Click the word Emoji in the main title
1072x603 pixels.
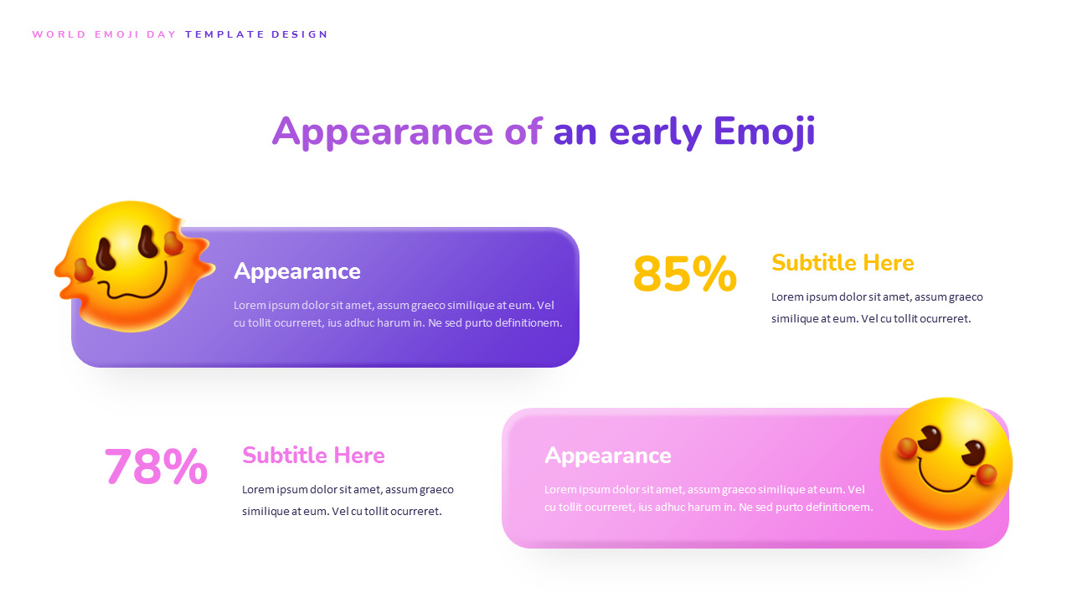coord(764,132)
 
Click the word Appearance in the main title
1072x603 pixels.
coord(382,132)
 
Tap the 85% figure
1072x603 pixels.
coord(684,275)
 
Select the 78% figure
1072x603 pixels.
coord(156,467)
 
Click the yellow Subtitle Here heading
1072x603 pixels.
coord(842,263)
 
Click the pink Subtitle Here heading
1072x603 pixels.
coord(313,456)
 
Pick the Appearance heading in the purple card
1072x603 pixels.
coord(296,271)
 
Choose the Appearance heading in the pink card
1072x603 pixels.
coord(607,456)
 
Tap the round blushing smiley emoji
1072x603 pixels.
coord(946,463)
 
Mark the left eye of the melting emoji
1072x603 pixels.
coord(106,253)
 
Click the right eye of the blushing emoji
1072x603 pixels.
coord(973,451)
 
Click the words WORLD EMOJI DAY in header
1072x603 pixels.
coord(105,35)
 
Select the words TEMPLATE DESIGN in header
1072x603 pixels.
coord(256,35)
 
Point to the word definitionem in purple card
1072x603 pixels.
coord(520,323)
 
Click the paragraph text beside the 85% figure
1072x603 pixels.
coord(876,307)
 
